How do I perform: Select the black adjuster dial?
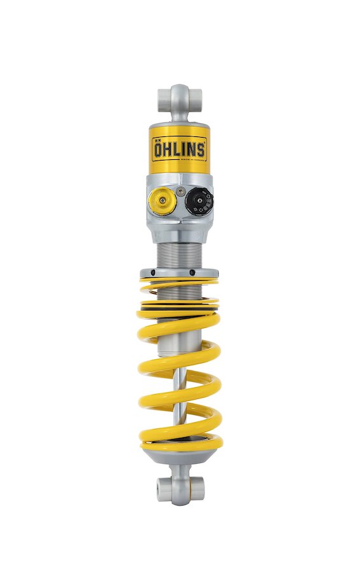(x=199, y=202)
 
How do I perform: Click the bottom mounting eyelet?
(x=180, y=488)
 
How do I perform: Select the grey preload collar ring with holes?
(x=180, y=273)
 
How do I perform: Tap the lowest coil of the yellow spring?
(x=181, y=441)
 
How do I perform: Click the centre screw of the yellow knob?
(x=163, y=202)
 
